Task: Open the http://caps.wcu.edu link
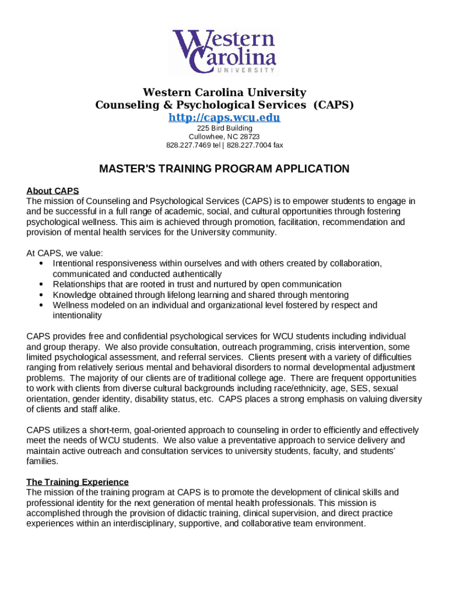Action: [224, 118]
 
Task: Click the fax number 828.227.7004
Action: [250, 145]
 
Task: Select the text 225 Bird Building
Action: [224, 128]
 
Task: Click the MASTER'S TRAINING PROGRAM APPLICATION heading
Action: [224, 169]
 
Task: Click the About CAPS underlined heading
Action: [52, 191]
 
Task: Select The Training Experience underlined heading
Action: [78, 482]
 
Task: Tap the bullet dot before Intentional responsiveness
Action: [41, 264]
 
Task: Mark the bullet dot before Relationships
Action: [41, 285]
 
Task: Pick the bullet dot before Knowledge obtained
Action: [41, 295]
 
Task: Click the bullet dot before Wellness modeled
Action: [41, 305]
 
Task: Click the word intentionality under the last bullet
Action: [77, 315]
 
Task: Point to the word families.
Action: [43, 461]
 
